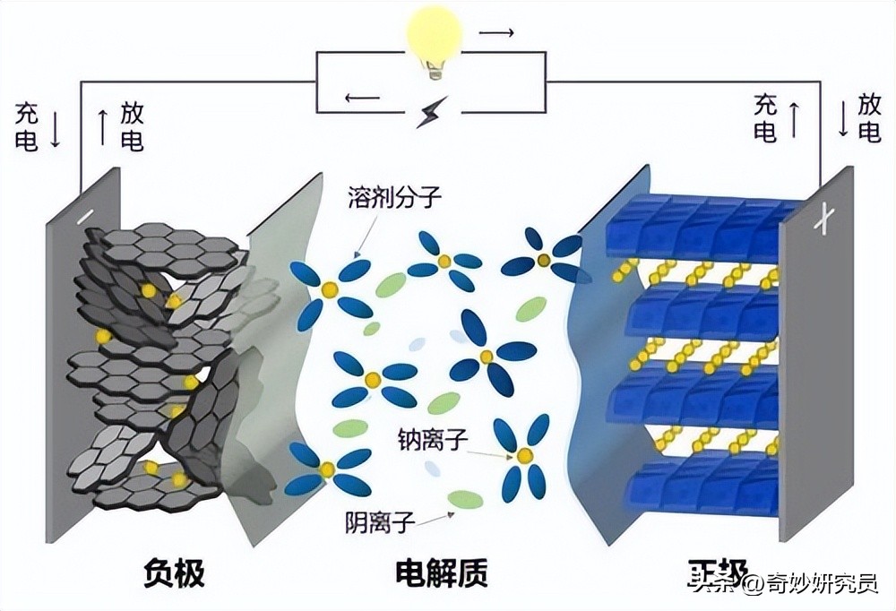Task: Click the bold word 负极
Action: [174, 574]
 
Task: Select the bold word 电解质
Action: [442, 574]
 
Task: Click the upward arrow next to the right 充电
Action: [793, 119]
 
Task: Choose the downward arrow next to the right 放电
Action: [842, 119]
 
